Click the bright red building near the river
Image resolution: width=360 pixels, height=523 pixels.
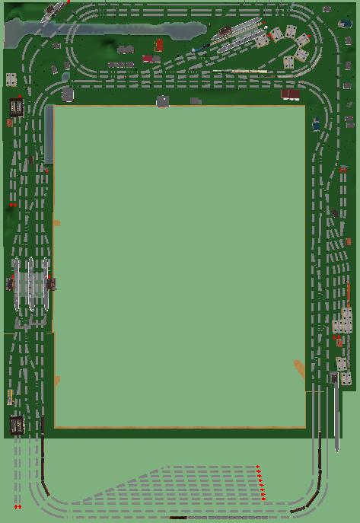pos(159,44)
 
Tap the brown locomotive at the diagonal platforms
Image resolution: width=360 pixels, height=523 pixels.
pos(225,31)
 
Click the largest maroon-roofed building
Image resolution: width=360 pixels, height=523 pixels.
pos(290,94)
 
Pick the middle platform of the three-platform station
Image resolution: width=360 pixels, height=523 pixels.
pos(30,285)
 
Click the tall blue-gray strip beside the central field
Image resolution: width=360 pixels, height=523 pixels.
pos(49,133)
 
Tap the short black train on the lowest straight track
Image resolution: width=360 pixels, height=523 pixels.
pos(178,518)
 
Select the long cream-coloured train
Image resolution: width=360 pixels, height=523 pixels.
pos(239,72)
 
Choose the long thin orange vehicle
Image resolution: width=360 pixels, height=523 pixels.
pos(349,293)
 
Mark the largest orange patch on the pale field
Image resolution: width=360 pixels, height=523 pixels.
pos(299,368)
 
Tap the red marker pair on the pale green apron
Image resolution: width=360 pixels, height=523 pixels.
pos(17,506)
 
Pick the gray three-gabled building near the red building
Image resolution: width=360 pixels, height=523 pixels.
pos(125,49)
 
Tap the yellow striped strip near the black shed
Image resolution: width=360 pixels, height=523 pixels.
pos(10,397)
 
